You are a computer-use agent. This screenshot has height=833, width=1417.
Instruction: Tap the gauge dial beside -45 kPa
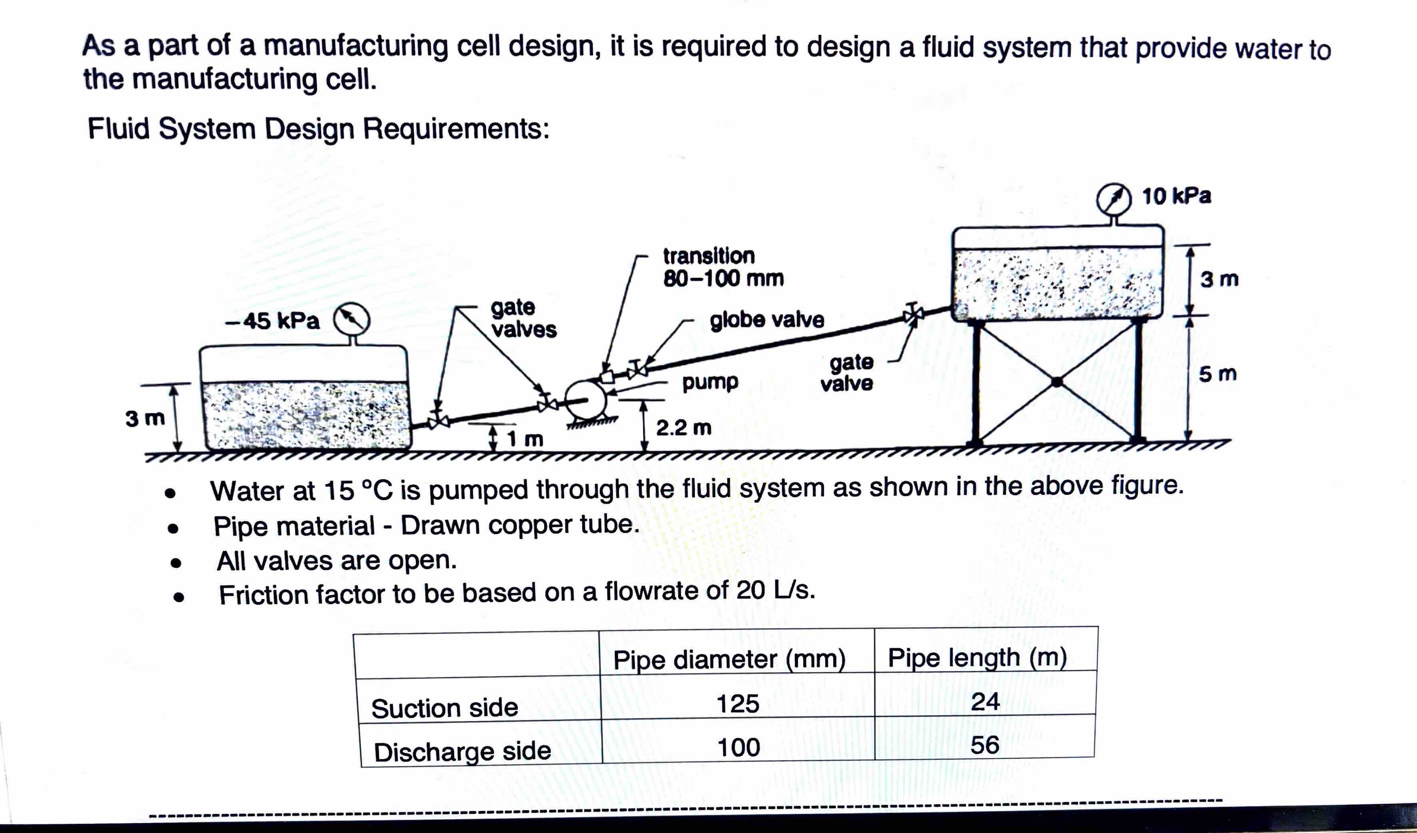click(352, 320)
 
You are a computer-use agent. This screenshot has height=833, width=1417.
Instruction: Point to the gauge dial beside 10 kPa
click(1114, 198)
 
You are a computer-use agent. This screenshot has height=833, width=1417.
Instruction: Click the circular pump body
click(585, 400)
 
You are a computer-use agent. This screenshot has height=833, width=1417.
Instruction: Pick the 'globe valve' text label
click(767, 320)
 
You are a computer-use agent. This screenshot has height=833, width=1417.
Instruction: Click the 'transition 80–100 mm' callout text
click(723, 267)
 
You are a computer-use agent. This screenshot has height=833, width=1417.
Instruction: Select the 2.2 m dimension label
click(684, 428)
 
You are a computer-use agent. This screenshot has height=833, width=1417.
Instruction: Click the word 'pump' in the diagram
click(710, 382)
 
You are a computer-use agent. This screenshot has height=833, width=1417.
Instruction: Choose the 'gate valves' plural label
click(523, 318)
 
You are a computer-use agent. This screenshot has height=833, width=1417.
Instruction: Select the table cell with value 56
click(985, 745)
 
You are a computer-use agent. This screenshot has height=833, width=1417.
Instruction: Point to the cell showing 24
click(985, 701)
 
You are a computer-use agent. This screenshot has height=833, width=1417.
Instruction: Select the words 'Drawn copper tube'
click(520, 525)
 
